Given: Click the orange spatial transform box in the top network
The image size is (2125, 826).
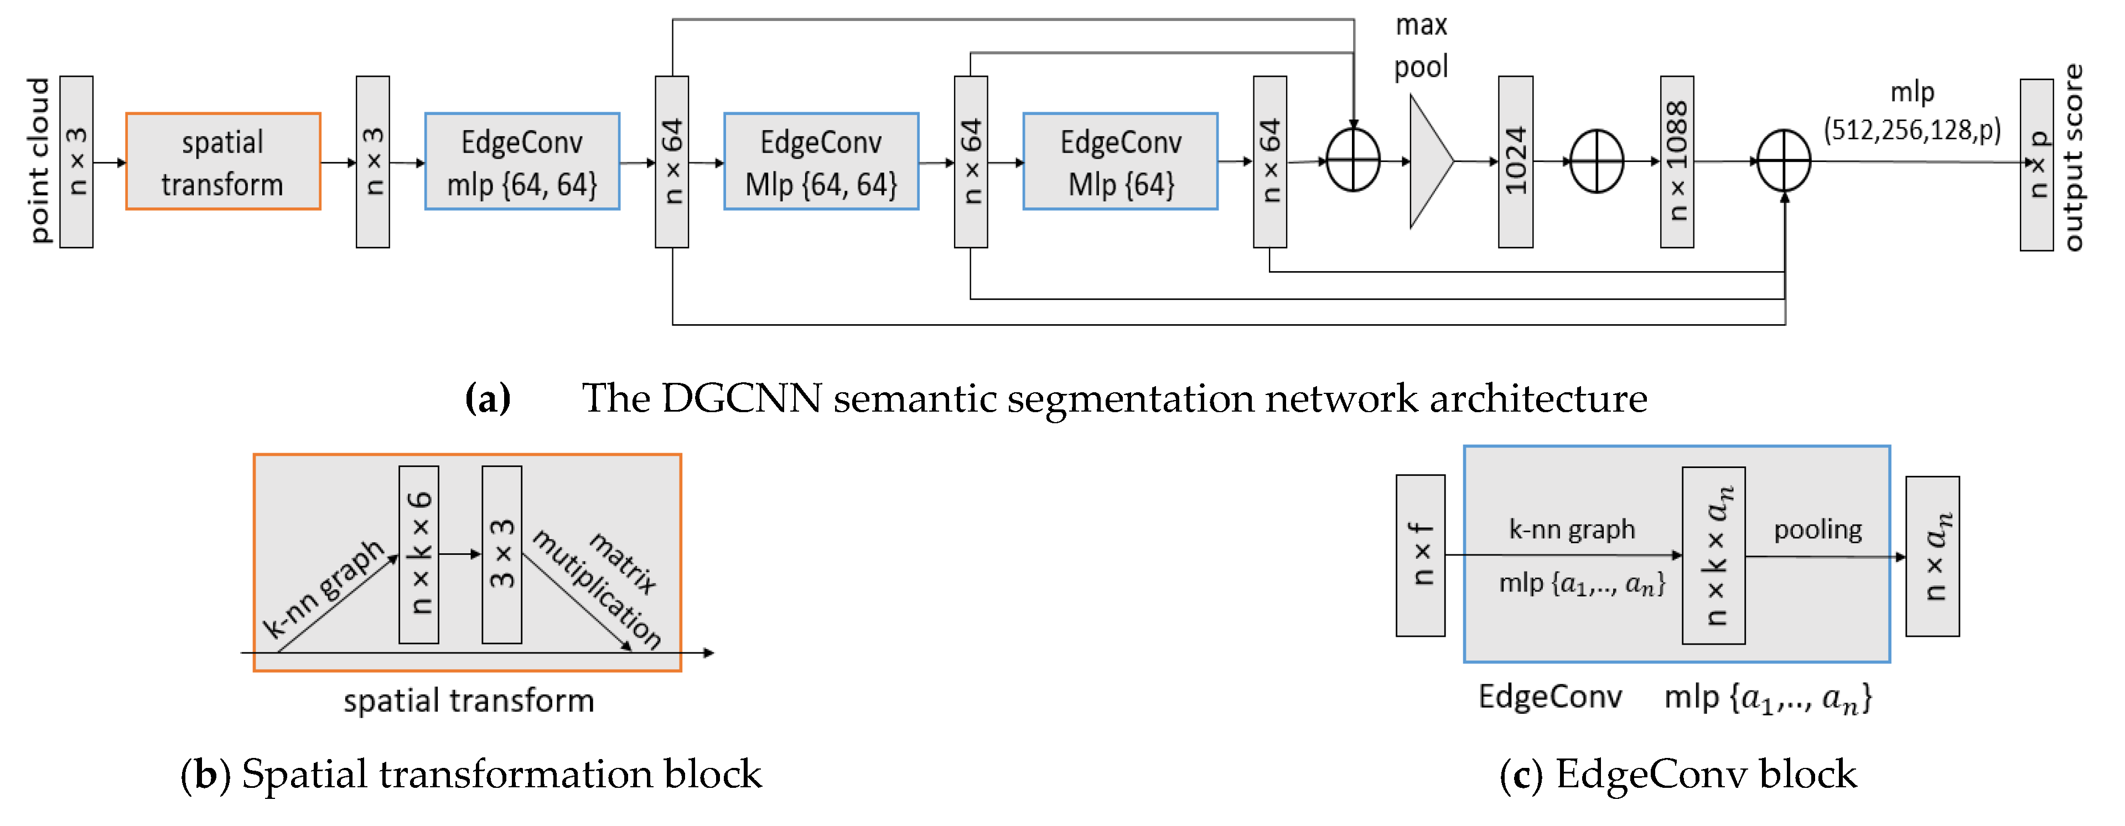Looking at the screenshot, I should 222,162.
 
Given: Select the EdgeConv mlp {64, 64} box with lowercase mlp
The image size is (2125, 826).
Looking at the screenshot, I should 521,162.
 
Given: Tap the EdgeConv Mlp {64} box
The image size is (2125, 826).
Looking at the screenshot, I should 1119,162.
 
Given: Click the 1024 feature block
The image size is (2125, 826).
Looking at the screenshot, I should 1515,162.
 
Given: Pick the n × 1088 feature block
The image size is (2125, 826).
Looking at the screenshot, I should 1676,162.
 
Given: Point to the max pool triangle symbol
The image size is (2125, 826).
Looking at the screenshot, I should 1429,162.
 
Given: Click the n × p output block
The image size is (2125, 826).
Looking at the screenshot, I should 2036,165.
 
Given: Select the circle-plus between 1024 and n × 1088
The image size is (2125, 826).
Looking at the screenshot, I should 1596,162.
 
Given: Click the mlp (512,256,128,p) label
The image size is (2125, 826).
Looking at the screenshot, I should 1911,111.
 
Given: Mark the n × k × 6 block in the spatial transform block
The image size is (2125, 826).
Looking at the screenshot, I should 418,554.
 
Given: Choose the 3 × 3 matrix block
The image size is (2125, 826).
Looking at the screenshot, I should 501,554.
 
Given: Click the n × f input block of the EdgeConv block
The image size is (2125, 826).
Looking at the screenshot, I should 1419,555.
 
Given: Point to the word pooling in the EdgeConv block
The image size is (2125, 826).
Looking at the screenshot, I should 1817,529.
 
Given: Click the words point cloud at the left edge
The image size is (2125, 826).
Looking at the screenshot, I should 39,161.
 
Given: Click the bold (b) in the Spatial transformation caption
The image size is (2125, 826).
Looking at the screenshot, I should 205,774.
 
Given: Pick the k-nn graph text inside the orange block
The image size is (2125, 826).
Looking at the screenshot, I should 323,589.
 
